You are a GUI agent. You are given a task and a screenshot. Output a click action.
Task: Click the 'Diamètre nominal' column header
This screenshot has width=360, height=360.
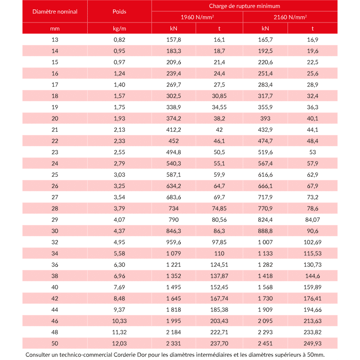point(55,11)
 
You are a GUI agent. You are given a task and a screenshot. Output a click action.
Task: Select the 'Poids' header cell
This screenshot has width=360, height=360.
point(119,11)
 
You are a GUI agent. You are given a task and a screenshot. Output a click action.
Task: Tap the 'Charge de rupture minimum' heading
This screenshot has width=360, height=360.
point(244,6)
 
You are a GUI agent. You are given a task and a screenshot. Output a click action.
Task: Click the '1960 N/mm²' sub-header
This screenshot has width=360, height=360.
point(197,17)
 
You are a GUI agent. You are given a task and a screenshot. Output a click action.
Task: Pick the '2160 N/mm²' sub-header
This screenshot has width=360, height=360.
point(290,17)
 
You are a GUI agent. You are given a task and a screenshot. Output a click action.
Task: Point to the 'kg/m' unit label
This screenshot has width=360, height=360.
point(119,28)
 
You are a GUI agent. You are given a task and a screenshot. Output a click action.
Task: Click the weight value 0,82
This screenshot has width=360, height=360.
point(119,40)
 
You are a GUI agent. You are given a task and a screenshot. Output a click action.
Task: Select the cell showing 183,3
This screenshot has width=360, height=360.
point(174,51)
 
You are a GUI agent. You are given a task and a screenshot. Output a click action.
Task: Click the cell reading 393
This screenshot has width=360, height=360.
point(265,118)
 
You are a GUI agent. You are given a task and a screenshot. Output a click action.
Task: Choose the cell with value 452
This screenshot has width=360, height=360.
point(174,141)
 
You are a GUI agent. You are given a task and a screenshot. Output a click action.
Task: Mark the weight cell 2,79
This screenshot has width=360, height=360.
point(119,163)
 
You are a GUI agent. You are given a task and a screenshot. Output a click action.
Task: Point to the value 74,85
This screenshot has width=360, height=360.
point(219,208)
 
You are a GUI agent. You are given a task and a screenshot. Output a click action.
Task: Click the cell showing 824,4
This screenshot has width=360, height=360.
point(265,220)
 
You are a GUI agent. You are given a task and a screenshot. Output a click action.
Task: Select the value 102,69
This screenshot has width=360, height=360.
point(312,242)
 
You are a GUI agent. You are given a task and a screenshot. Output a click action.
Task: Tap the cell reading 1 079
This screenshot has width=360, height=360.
point(174,253)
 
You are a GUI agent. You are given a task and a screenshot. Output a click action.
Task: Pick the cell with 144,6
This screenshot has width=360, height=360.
point(312,276)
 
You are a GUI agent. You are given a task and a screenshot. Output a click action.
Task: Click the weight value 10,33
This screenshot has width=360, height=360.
point(119,321)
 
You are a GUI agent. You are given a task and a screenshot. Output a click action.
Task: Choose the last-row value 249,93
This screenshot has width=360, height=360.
point(312,343)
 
